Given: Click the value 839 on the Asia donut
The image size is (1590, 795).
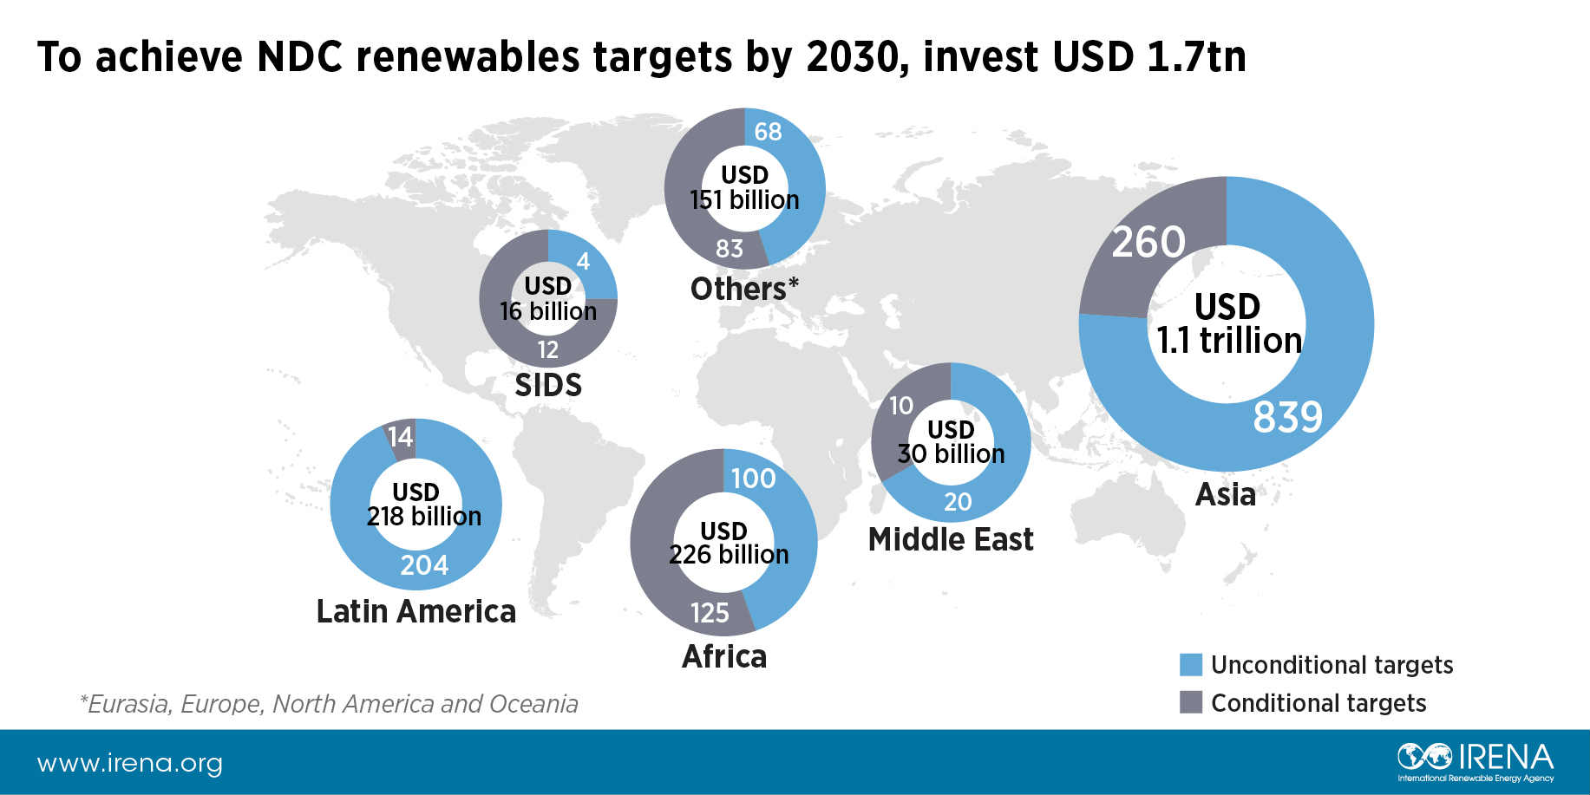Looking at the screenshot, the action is pos(1287,417).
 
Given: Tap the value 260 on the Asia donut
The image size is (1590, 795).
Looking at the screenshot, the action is pos(1148,242).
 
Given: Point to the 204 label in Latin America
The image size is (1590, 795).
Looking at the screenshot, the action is pos(424,565).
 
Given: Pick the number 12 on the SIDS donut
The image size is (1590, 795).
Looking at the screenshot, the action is pos(547,349).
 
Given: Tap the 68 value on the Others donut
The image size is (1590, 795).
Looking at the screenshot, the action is pos(768,132).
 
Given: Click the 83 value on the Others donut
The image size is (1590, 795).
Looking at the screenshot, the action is pos(730,249).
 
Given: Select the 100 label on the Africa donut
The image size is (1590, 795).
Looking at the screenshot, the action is pos(753,479).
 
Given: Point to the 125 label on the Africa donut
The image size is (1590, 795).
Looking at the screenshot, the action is pos(710,613).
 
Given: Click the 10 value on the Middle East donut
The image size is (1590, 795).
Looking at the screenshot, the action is pos(901,405).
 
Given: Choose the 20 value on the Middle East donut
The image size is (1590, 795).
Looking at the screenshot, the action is pos(958,501).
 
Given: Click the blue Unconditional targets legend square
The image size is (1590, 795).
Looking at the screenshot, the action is pos(1191,665).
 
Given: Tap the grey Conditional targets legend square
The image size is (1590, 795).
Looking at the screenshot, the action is pos(1191,702).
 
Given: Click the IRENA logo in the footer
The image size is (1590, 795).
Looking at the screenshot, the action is pos(1475,761).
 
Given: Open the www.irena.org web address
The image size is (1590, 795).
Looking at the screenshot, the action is pos(130,764).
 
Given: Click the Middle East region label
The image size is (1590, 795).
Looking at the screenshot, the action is pos(951,539).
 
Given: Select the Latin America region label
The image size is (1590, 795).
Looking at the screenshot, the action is pos(415,611).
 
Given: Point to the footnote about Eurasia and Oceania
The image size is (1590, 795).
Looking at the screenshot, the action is pos(328,704).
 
